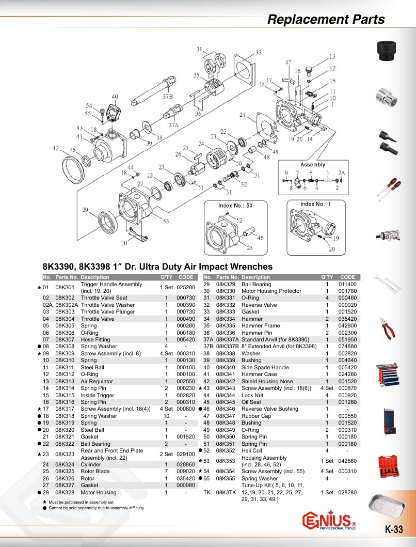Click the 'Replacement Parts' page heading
[326, 19]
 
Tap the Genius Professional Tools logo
[329, 521]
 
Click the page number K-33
[394, 529]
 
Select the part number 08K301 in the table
[65, 288]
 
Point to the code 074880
[348, 347]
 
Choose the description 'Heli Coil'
[252, 450]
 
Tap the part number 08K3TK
[226, 492]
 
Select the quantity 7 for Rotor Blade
[166, 471]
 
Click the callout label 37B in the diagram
[168, 97]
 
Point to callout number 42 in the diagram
[56, 148]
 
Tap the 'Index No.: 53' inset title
[235, 206]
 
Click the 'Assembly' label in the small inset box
[313, 165]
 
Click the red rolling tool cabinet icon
[388, 374]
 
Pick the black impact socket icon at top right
[388, 51]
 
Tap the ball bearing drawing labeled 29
[109, 222]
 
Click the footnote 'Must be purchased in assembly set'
[81, 502]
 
